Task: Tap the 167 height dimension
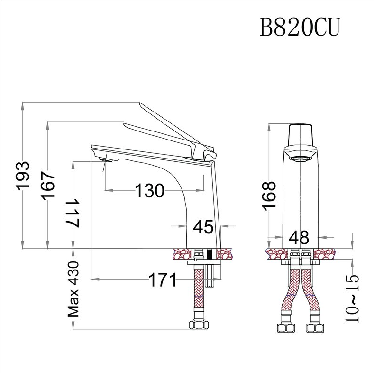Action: click(x=48, y=185)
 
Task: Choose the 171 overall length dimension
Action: click(x=163, y=280)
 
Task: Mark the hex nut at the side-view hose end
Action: click(x=200, y=326)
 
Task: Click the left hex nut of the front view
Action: click(x=286, y=329)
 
